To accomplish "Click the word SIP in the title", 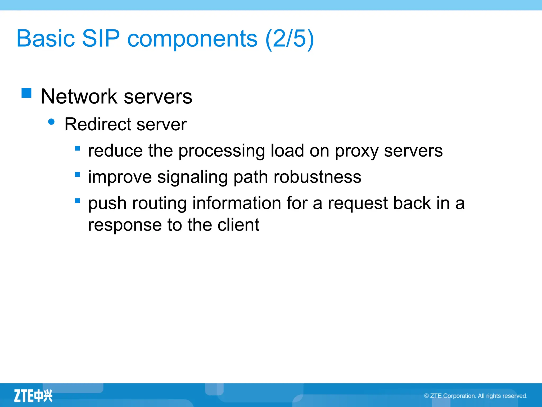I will (x=101, y=38).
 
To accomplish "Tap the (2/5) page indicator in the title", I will (x=290, y=38).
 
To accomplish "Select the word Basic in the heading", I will (x=46, y=38).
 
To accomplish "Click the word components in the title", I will (x=192, y=39).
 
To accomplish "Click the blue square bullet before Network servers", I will (x=26, y=93).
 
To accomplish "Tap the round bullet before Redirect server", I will (x=51, y=122).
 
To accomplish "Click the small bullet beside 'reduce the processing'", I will (x=78, y=148).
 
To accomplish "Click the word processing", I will (x=222, y=151).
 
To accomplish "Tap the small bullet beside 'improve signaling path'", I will (x=78, y=175).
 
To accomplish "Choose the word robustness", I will (x=317, y=177).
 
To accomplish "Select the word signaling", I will (x=192, y=177).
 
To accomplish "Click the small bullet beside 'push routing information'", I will (x=78, y=201).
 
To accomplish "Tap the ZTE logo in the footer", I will (x=33, y=396).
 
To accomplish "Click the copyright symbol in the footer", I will (x=426, y=396).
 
